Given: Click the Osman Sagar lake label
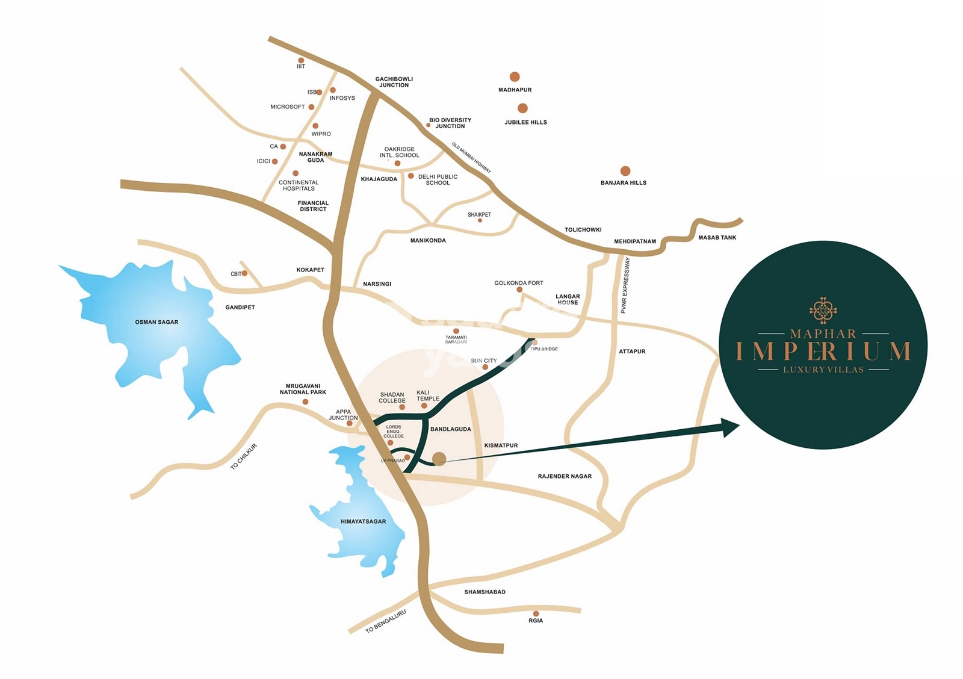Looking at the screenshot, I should coord(156,322).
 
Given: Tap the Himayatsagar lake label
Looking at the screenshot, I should coord(363,521).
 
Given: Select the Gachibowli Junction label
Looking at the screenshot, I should coord(394,82).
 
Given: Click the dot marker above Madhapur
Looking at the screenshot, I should coord(515,76).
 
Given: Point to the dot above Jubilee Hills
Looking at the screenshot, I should coord(522,108).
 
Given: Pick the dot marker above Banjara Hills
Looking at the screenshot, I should coord(625,171).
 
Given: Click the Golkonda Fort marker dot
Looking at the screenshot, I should coord(519,290).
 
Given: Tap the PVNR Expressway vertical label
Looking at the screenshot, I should coord(625,285).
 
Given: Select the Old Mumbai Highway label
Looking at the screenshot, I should coord(471,158).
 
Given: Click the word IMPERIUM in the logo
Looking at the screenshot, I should coord(823,351).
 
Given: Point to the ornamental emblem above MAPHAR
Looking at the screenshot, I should coord(823,311).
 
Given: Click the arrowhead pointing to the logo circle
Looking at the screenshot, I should coord(731,427).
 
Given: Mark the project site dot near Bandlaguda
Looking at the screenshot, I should coord(439,459).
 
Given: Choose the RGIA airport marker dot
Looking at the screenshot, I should coord(536,613).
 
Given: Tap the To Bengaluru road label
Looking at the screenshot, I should coord(386,621).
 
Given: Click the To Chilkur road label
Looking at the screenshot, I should coord(244,456).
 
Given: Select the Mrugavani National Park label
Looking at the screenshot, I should coord(303,389).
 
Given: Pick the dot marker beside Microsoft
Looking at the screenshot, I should coord(311,107).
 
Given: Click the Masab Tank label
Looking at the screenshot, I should coord(717,238).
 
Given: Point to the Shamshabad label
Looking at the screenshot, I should coord(485,592).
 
